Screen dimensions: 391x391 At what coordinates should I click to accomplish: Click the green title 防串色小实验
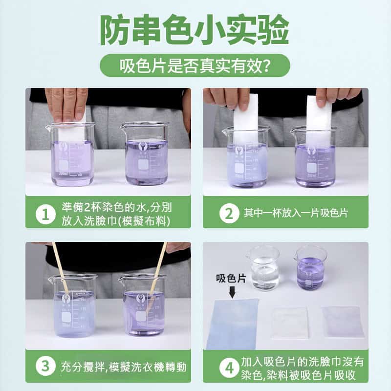click(195, 30)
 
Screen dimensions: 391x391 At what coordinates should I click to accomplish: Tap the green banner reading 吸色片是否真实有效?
click(195, 65)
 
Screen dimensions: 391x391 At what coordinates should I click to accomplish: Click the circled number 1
click(45, 214)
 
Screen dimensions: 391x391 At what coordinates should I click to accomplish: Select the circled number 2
click(229, 214)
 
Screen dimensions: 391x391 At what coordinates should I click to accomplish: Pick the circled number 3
click(45, 366)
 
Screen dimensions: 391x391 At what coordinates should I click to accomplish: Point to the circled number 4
click(229, 368)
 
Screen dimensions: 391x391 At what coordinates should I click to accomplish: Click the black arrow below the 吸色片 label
click(232, 292)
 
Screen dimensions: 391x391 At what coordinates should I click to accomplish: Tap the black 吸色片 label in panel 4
click(231, 278)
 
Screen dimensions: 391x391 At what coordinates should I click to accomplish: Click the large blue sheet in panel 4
click(233, 324)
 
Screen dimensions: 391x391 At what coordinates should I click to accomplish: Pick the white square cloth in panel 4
click(290, 323)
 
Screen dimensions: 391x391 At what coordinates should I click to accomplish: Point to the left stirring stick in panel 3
click(61, 268)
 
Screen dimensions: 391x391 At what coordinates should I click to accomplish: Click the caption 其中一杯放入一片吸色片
click(296, 213)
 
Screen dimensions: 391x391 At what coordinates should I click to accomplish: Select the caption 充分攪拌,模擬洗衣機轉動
click(124, 367)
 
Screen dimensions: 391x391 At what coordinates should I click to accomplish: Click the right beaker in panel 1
click(145, 153)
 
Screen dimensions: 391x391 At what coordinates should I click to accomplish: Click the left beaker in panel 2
click(246, 156)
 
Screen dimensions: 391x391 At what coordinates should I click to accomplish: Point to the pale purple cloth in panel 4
click(343, 322)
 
